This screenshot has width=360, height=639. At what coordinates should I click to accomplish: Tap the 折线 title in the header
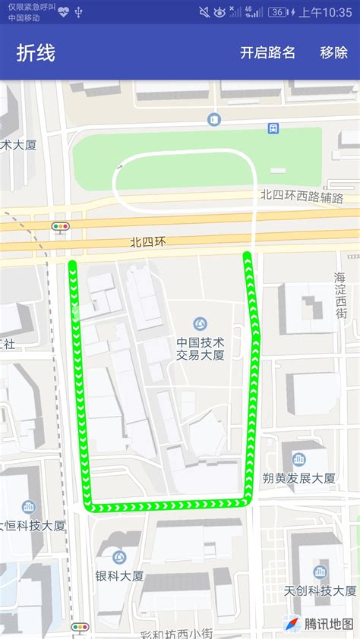(36, 52)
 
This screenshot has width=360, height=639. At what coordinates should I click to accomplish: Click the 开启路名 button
(267, 52)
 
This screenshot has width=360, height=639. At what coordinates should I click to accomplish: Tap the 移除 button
(333, 52)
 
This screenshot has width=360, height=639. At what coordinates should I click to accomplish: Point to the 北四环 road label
(147, 242)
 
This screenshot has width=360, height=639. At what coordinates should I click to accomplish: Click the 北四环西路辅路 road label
(302, 194)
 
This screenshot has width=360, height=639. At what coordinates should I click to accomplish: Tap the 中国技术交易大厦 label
(200, 348)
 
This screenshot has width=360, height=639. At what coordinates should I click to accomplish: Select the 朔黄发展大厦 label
(298, 478)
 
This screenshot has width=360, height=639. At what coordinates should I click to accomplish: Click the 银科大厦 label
(119, 576)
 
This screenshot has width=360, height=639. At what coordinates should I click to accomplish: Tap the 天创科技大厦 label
(320, 590)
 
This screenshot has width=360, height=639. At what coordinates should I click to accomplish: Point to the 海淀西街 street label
(340, 295)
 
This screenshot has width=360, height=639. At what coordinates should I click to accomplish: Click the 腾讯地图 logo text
(329, 624)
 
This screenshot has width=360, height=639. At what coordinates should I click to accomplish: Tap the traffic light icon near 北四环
(60, 226)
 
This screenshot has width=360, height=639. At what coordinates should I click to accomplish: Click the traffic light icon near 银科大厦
(80, 627)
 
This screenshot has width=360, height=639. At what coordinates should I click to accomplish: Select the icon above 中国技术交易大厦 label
(200, 324)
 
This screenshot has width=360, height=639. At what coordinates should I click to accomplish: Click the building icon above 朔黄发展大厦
(298, 459)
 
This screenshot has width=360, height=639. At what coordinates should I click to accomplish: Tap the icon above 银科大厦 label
(118, 558)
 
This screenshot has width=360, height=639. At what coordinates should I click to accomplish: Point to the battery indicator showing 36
(279, 12)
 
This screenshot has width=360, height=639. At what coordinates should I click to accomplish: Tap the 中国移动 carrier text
(24, 17)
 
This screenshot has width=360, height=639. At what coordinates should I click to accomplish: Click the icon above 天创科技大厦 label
(320, 571)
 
